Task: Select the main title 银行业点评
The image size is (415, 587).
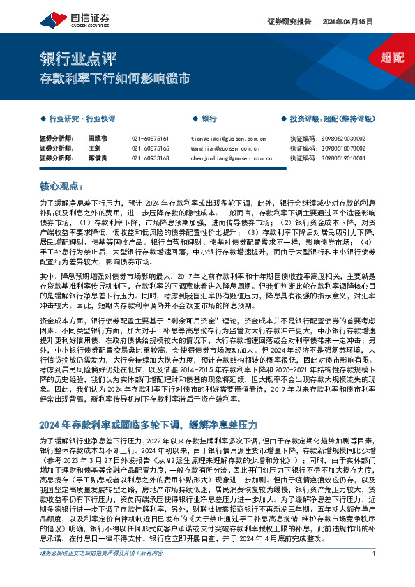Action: click(77, 59)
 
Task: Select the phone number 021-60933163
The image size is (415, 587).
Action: click(150, 158)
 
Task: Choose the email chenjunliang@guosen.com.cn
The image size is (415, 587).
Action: click(231, 158)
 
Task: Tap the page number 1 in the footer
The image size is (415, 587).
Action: click(375, 572)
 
